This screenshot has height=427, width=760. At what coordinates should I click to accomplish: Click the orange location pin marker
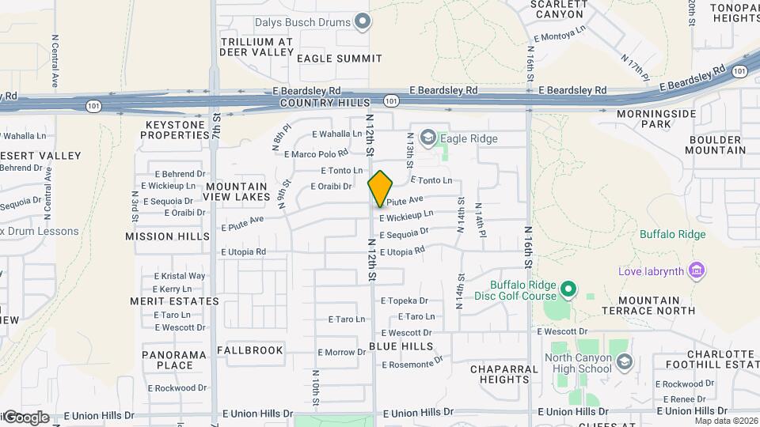[x=380, y=189]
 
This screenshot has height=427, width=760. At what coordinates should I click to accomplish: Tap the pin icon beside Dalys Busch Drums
[x=363, y=21]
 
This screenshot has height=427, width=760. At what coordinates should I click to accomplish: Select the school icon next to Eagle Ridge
[x=428, y=139]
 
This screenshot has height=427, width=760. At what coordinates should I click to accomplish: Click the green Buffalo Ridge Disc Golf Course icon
[x=568, y=290]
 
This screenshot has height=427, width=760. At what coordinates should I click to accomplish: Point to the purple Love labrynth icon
[x=697, y=271]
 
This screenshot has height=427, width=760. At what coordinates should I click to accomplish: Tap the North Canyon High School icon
[x=625, y=362]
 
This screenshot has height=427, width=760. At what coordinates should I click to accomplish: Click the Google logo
[x=25, y=418]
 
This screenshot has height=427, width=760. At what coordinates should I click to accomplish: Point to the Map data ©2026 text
[x=725, y=421]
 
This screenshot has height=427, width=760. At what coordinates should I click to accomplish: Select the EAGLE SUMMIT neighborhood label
[x=339, y=59]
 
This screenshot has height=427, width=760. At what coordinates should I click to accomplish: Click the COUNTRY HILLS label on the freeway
[x=325, y=104]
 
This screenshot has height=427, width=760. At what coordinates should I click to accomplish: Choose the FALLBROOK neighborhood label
[x=249, y=350]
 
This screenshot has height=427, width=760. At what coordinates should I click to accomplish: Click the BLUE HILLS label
[x=401, y=346]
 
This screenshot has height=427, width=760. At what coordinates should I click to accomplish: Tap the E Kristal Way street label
[x=180, y=276]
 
